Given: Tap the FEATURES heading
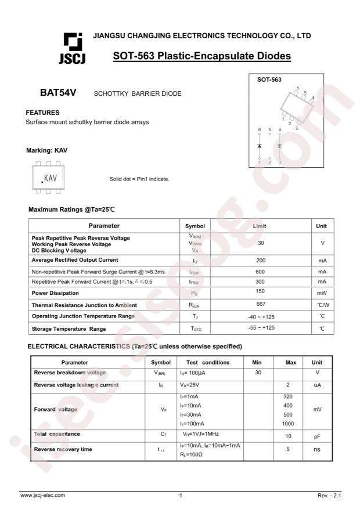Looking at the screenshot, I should click(x=44, y=112).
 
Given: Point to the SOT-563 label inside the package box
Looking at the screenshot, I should click(x=269, y=81).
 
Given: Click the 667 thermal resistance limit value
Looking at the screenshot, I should click(x=262, y=305).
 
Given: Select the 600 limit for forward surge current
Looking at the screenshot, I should click(x=262, y=271).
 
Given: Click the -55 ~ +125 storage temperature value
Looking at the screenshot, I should click(x=262, y=328).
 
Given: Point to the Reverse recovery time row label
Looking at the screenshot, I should click(x=63, y=449).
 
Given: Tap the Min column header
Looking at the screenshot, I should click(x=257, y=362).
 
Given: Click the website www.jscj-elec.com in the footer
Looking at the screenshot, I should click(x=43, y=495).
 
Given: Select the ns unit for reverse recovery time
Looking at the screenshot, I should click(x=317, y=449).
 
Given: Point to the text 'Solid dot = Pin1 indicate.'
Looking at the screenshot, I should click(x=139, y=179).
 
